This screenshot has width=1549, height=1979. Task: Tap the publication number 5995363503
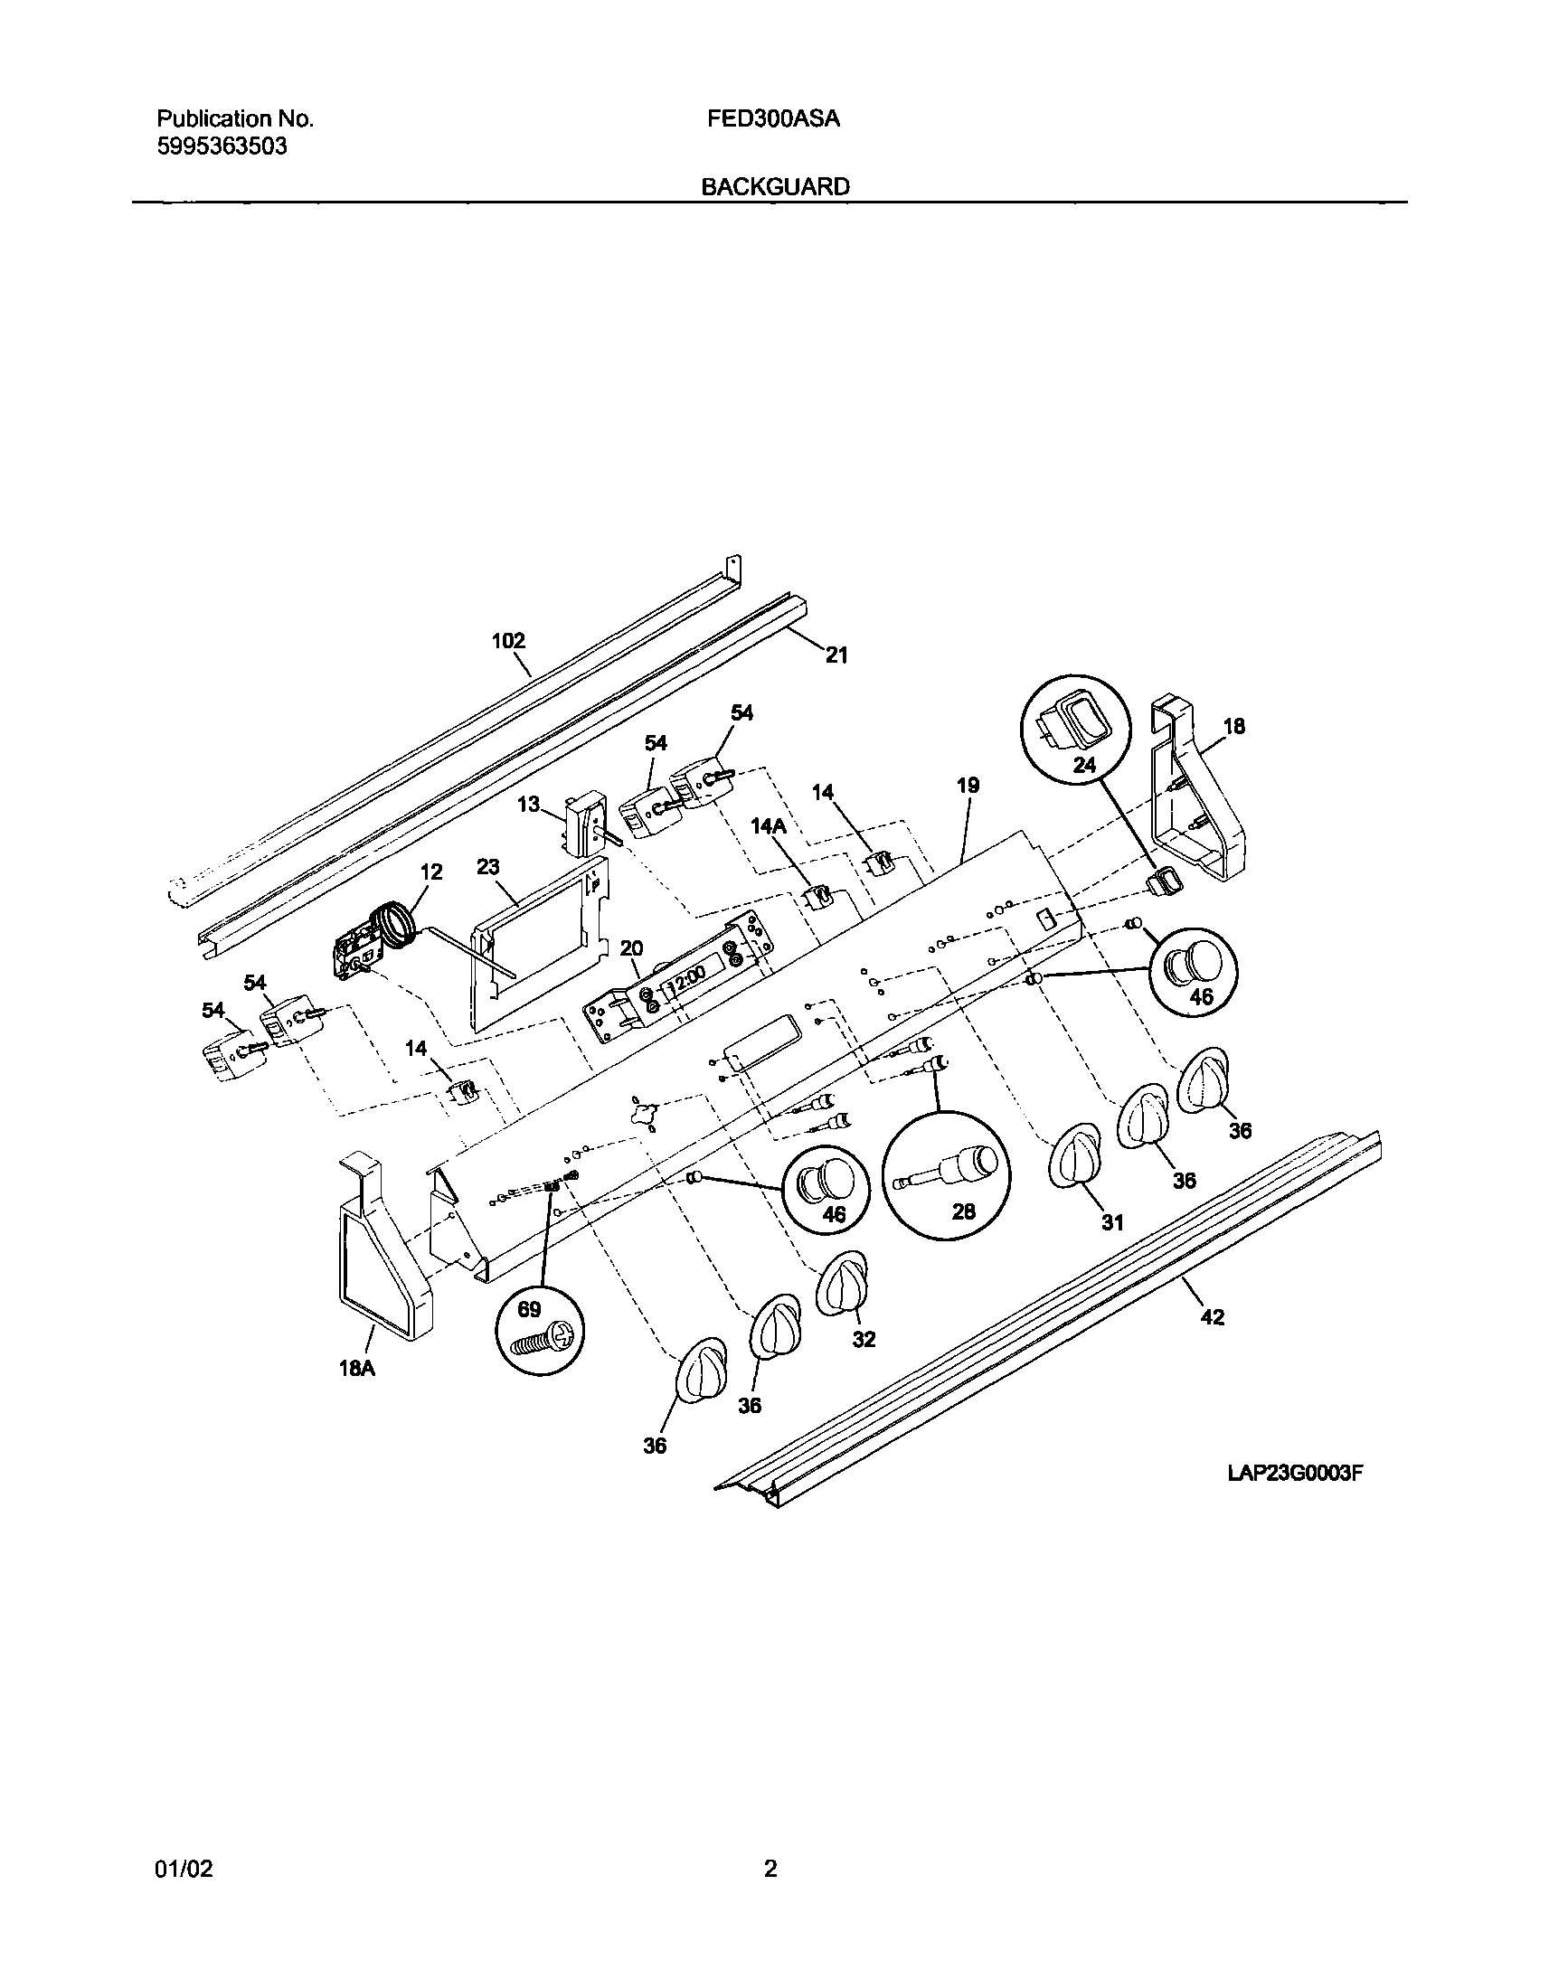(222, 146)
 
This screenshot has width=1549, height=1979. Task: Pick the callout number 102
(508, 641)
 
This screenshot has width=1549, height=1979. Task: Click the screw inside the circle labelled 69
(543, 1342)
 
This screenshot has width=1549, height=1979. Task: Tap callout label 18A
(357, 1369)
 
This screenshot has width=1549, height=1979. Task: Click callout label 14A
(768, 827)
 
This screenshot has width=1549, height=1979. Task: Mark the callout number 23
(488, 867)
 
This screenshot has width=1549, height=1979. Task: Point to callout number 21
(836, 655)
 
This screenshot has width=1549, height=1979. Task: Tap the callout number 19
(968, 785)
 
